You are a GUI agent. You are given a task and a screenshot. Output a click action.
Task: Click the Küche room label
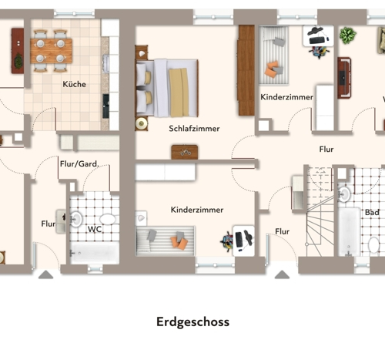(74, 84)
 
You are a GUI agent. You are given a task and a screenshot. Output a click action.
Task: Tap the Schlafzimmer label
(194, 129)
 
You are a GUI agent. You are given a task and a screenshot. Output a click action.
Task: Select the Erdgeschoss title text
(192, 322)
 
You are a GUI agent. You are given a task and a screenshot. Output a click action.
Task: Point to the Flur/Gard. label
(79, 163)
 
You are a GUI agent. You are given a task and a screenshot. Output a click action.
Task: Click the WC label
(95, 229)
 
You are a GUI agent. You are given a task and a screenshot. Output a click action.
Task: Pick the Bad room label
(372, 213)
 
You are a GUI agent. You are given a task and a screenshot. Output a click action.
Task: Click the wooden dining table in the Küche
(51, 51)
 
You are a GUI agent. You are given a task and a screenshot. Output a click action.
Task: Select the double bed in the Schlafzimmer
(167, 88)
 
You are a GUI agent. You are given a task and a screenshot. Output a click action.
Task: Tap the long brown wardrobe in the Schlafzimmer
(246, 70)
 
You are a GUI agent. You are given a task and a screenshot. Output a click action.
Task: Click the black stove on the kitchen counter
(105, 106)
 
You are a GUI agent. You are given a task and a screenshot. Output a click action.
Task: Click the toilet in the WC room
(107, 220)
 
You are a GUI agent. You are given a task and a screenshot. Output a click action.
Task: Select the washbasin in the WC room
(76, 219)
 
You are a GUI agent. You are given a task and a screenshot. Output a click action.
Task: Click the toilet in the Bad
(373, 245)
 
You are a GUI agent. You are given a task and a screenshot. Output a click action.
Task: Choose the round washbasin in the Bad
(344, 194)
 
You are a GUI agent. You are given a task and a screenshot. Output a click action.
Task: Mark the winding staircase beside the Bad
(320, 211)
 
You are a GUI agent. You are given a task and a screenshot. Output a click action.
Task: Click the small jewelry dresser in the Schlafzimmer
(185, 152)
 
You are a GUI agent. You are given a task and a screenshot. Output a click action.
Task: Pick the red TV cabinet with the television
(344, 78)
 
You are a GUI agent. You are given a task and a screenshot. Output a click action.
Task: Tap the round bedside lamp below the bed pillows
(141, 123)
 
